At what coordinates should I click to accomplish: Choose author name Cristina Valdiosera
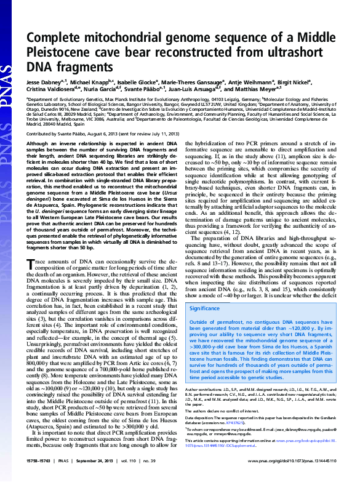(x=51, y=89)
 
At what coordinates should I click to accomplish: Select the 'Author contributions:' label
(x=205, y=390)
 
